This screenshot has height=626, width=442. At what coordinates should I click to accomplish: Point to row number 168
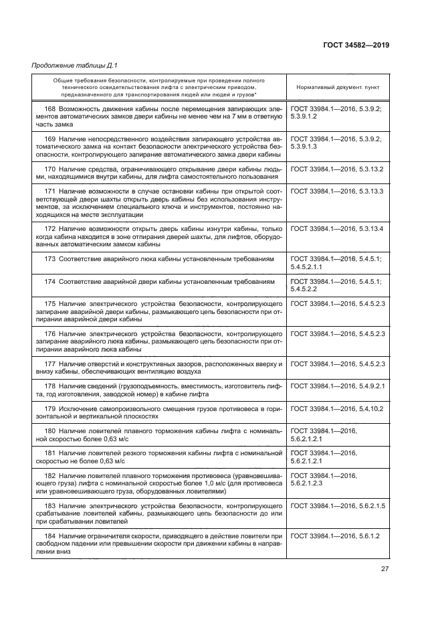(50, 108)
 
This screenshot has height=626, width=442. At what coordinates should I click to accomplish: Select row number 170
(50, 169)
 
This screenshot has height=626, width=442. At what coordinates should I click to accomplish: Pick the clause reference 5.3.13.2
(366, 169)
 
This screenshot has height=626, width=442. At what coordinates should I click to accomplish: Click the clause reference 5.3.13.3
(366, 191)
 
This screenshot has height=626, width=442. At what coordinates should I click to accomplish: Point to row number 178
(50, 386)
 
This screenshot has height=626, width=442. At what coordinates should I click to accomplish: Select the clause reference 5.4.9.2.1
(366, 386)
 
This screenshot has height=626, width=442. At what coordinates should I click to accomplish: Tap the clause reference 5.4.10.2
(366, 408)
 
